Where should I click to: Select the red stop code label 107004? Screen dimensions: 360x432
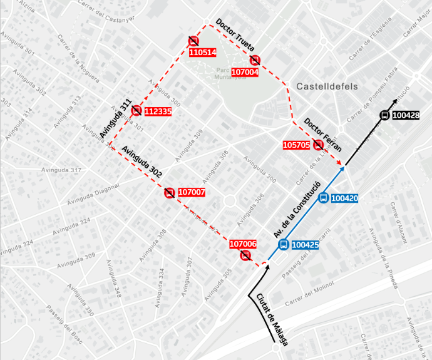[x=245, y=72]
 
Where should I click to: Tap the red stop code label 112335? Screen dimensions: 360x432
[x=157, y=111]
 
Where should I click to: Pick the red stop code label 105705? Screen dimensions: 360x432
[x=296, y=145]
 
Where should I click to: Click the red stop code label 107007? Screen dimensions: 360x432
[x=192, y=192]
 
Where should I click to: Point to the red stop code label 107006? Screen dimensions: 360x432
[x=244, y=244]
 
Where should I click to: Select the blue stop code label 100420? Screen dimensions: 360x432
[x=344, y=198]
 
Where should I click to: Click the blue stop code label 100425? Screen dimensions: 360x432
[x=306, y=245]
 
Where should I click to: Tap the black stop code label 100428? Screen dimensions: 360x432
[x=406, y=115]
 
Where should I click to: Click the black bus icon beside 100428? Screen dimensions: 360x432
[x=384, y=115]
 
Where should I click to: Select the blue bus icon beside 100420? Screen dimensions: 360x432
[x=323, y=198]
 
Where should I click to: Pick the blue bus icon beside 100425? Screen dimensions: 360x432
[x=283, y=245]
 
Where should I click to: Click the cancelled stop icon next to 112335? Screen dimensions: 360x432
[x=136, y=111]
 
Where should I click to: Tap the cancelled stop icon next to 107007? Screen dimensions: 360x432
[x=169, y=193]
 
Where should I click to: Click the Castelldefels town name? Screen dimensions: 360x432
[x=327, y=87]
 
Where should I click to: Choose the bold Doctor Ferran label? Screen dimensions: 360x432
[x=323, y=135]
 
